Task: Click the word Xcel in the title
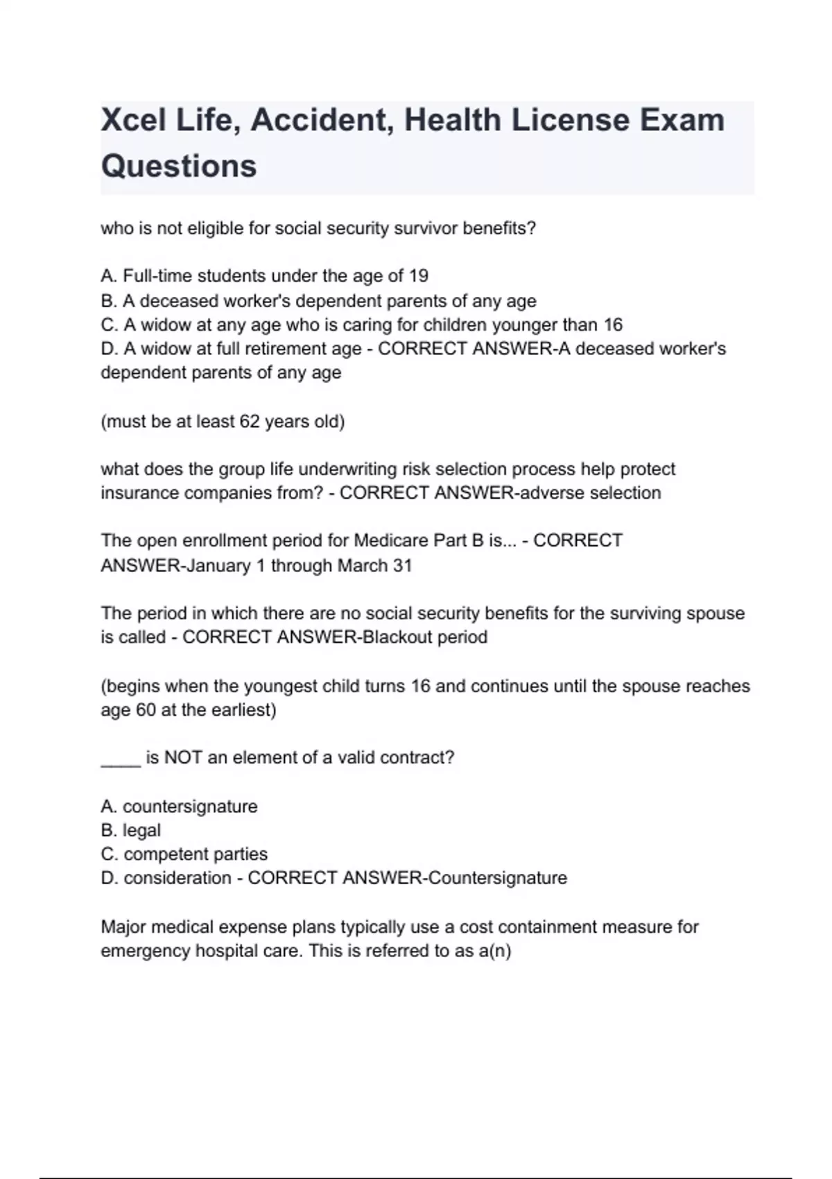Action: coord(134,120)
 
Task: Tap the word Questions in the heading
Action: coord(179,166)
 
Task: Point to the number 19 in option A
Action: coord(418,276)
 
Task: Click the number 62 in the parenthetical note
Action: coord(250,422)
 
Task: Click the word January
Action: coord(219,566)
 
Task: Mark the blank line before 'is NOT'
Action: coord(121,759)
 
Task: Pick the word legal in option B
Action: coord(141,830)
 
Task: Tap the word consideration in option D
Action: coord(177,878)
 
